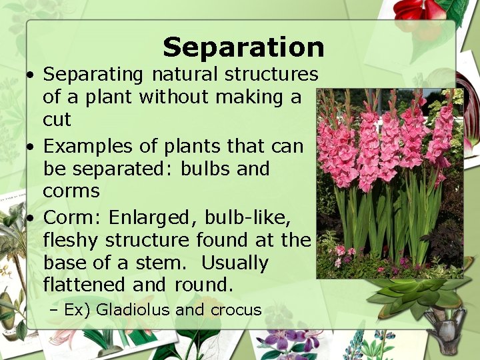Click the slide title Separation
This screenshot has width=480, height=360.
click(x=243, y=47)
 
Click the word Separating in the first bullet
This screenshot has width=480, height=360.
click(x=93, y=73)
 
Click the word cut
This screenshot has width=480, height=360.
click(x=57, y=120)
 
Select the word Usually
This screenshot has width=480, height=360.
click(x=235, y=263)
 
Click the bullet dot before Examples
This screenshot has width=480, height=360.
click(x=31, y=146)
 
